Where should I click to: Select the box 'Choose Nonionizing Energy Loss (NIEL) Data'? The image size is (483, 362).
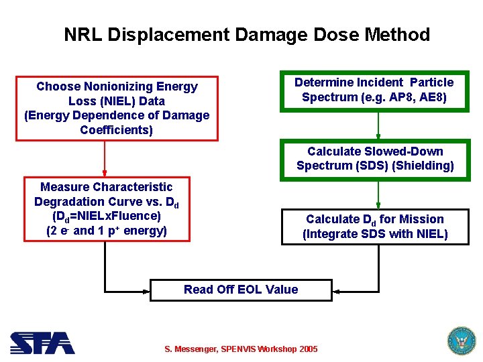click(x=117, y=108)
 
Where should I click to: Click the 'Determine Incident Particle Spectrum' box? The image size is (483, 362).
click(x=374, y=90)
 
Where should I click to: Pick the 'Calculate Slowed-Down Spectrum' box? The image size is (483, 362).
click(x=375, y=159)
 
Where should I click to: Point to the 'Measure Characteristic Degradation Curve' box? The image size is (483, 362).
click(x=107, y=208)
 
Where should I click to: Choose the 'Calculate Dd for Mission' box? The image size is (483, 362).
click(x=375, y=227)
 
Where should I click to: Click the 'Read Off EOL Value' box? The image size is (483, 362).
click(x=240, y=290)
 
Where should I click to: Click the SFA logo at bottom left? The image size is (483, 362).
click(x=42, y=343)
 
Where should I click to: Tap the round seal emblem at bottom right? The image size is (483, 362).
click(x=461, y=341)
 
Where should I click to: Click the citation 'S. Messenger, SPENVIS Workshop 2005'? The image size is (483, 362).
click(x=241, y=349)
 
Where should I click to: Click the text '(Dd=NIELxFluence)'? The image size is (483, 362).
click(x=107, y=216)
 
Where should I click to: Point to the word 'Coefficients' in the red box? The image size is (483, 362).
click(x=116, y=129)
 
